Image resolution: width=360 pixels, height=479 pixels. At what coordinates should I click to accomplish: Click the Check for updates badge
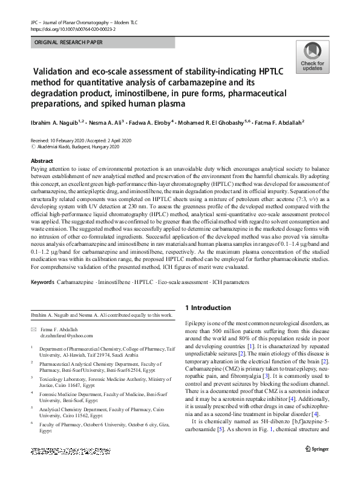(x=312, y=57)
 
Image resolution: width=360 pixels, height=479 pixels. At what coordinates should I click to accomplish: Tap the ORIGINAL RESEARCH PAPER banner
(x=66, y=43)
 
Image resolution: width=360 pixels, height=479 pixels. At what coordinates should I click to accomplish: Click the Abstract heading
(x=42, y=160)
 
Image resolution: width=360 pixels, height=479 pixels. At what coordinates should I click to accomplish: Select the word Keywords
(x=42, y=283)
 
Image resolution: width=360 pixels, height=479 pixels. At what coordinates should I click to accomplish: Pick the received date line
(x=90, y=139)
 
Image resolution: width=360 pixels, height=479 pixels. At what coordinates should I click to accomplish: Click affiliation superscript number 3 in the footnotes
(x=31, y=377)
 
